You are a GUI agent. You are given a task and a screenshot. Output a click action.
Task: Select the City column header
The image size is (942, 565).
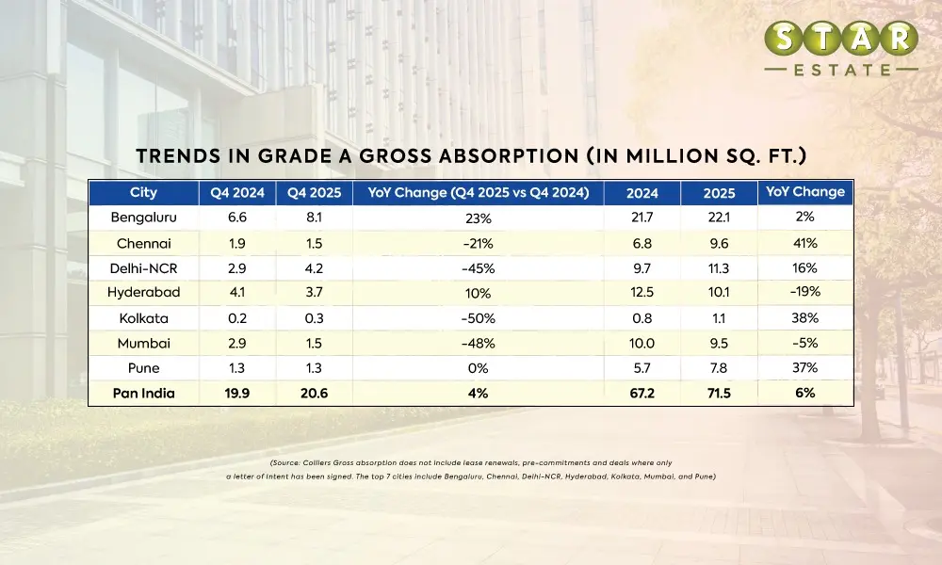pyautogui.click(x=143, y=193)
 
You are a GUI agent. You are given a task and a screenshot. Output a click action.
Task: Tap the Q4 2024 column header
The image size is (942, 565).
pyautogui.click(x=237, y=193)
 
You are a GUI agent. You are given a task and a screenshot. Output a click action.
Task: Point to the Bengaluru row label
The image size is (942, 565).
pyautogui.click(x=143, y=218)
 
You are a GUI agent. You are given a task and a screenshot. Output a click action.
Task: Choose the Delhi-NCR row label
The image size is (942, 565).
pyautogui.click(x=143, y=267)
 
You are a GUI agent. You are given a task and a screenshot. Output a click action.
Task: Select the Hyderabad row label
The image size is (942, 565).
pyautogui.click(x=143, y=292)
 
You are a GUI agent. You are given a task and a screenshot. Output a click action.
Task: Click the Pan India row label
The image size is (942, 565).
pyautogui.click(x=143, y=393)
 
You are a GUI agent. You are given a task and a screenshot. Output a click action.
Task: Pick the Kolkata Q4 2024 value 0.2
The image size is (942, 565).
pyautogui.click(x=237, y=317)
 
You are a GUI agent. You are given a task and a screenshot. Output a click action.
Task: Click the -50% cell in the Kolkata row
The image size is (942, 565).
pyautogui.click(x=478, y=318)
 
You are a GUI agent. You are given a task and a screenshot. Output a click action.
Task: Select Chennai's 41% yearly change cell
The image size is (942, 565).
pyautogui.click(x=804, y=242)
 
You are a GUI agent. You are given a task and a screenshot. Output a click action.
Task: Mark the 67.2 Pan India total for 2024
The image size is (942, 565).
pyautogui.click(x=642, y=393)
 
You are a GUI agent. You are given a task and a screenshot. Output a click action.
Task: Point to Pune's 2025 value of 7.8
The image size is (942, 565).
pyautogui.click(x=720, y=367)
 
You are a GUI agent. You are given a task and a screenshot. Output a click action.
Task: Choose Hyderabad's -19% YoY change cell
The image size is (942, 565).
pyautogui.click(x=804, y=292)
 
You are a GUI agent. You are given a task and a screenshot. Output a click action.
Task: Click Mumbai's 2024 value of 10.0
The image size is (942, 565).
pyautogui.click(x=642, y=343)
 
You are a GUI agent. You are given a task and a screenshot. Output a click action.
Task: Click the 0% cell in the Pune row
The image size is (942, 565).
pyautogui.click(x=478, y=368)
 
